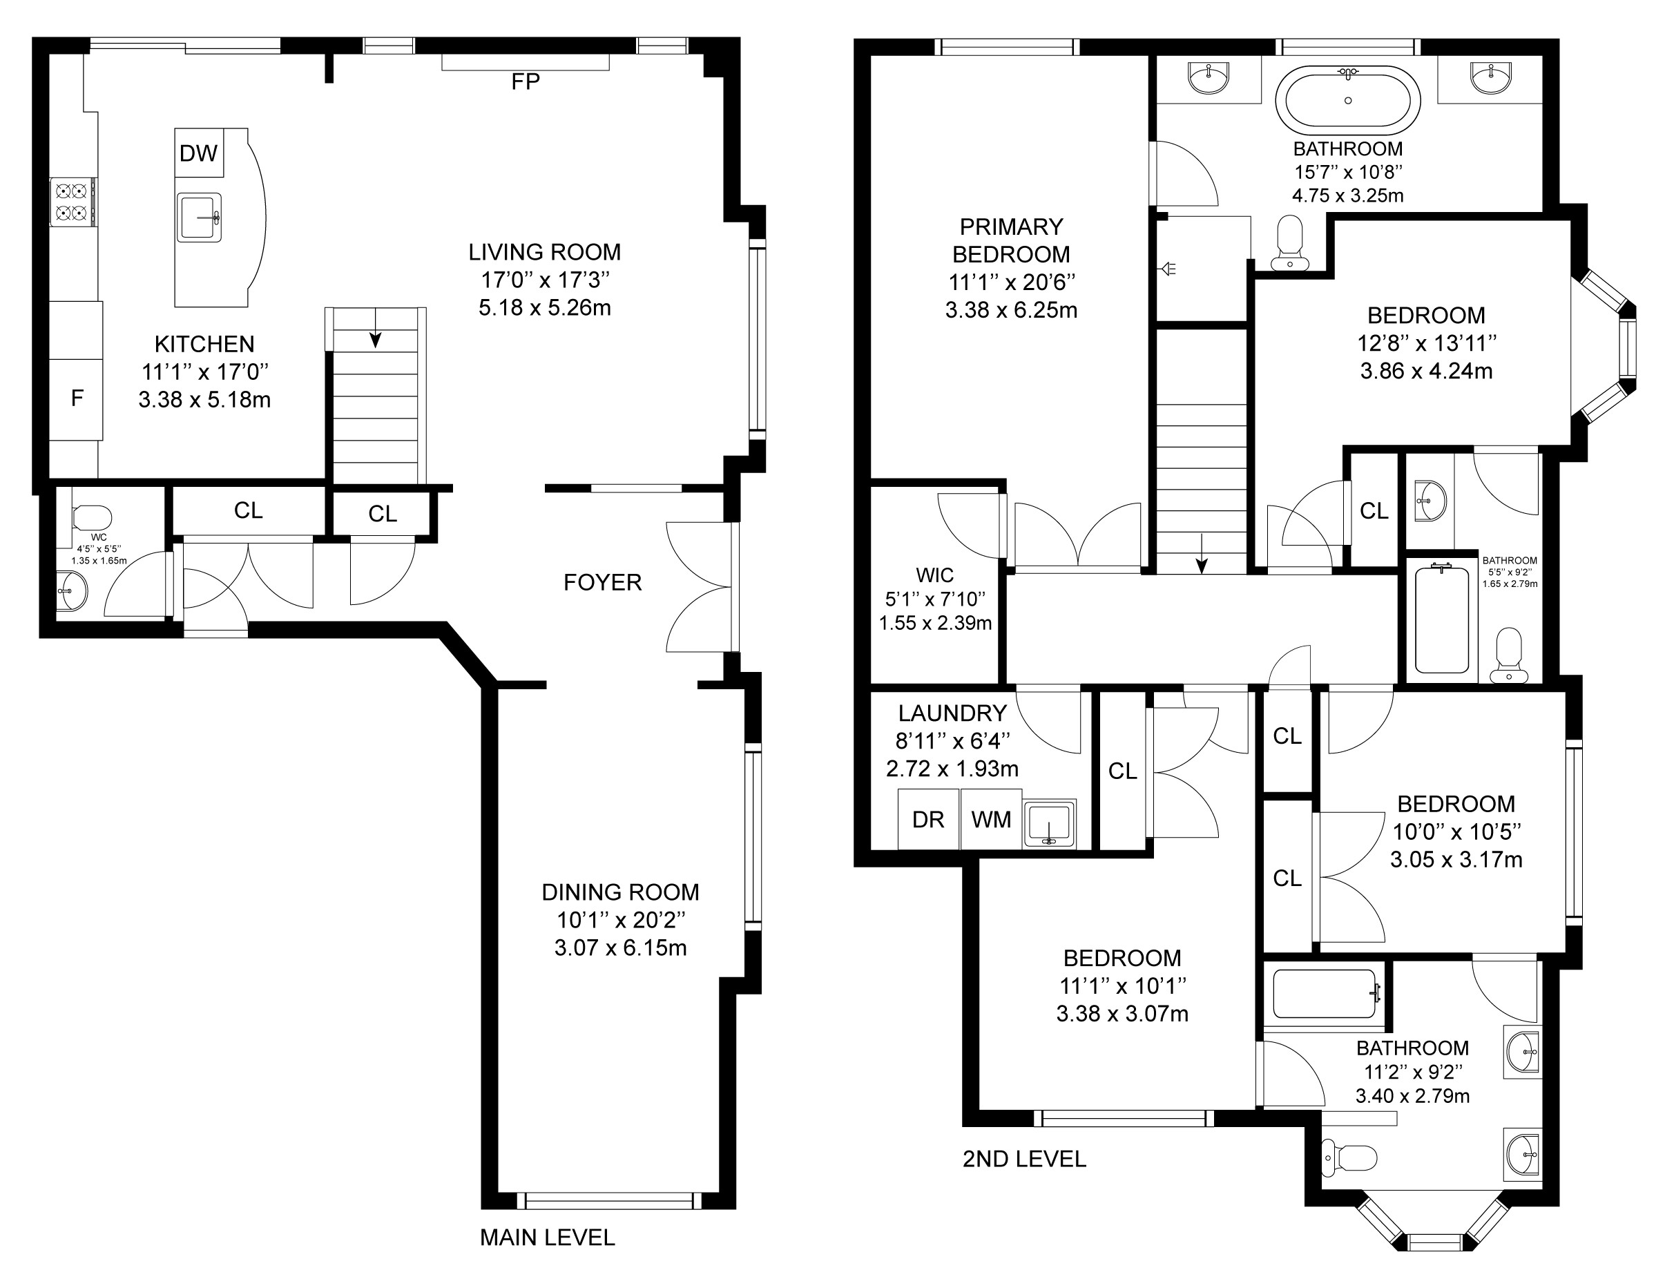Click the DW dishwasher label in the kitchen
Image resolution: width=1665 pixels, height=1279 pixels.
point(199,154)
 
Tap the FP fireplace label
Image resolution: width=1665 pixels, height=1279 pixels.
point(526,82)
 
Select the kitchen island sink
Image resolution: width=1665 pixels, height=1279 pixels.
point(200,217)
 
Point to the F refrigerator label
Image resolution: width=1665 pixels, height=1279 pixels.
point(77,398)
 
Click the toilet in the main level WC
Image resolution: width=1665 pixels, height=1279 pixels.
point(91,518)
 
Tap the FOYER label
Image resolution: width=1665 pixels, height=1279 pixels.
point(603,582)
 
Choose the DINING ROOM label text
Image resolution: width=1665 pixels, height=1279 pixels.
point(620,892)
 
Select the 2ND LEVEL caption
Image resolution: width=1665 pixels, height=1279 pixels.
point(1024,1159)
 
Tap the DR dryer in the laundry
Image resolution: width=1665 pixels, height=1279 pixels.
point(928,819)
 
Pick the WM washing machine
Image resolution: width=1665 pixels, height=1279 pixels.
point(991,819)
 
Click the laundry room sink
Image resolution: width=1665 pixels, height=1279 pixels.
point(1049,823)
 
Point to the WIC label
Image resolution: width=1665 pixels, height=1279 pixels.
point(935,575)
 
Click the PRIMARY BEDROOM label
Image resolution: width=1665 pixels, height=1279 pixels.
point(1011,240)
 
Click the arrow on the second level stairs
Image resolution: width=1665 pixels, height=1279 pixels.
point(1202,553)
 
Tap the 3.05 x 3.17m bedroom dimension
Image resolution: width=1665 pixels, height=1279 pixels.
point(1456,860)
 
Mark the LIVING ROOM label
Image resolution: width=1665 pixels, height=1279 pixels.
point(544,252)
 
